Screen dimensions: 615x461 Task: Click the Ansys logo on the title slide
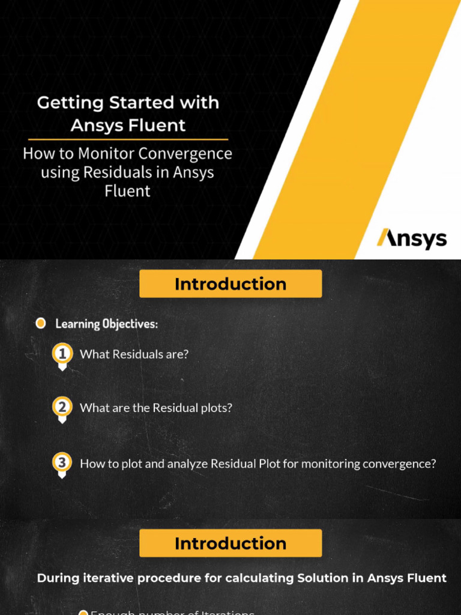412,239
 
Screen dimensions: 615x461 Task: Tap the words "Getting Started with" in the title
128,103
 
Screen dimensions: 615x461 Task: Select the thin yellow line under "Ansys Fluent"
128,139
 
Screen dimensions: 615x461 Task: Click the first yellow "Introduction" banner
230,284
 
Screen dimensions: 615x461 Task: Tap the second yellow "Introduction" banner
230,544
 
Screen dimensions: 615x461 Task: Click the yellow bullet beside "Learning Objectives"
40,324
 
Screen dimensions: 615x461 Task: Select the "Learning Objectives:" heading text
107,324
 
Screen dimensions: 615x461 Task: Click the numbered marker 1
62,354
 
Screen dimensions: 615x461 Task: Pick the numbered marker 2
62,407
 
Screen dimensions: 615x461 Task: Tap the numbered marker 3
62,463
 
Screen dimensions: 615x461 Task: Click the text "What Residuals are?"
134,354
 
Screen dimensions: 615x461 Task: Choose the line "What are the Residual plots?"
155,408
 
